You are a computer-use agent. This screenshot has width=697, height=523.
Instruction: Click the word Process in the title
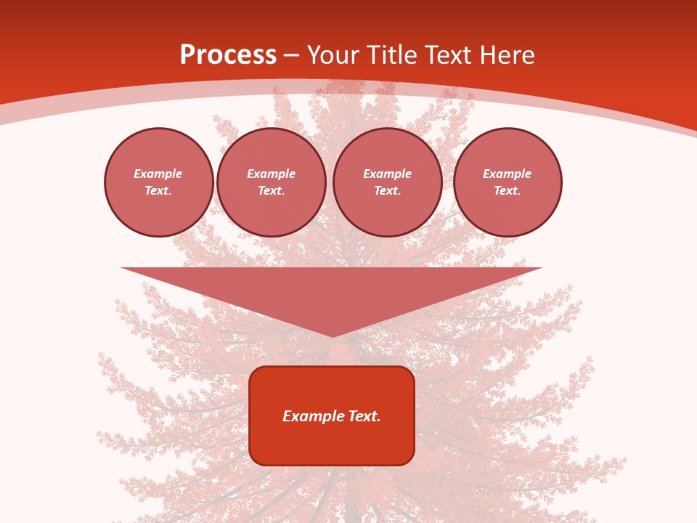228,55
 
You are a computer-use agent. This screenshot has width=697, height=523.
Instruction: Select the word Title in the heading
393,55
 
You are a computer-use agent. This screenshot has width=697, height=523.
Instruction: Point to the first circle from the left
159,182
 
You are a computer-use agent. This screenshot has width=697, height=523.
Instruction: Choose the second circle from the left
272,182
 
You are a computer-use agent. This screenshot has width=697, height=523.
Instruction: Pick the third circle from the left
388,182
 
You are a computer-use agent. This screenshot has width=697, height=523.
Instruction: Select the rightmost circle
508,182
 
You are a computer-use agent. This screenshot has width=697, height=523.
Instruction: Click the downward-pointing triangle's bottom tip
333,335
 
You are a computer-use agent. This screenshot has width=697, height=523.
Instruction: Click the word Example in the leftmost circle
158,174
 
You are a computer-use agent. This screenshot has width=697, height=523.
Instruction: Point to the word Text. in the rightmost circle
508,190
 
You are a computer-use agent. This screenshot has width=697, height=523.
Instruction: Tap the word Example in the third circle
388,174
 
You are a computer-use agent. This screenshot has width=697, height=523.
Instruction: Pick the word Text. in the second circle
272,190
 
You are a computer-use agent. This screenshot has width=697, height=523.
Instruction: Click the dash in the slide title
292,56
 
